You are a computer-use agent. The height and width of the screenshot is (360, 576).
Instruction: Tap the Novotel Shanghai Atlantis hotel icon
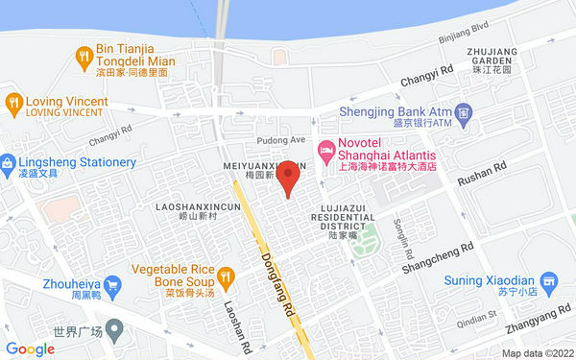point(326,149)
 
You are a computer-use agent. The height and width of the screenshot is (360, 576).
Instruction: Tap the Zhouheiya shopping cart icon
point(112,284)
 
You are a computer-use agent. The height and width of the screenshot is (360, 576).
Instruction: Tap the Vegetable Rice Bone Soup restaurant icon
point(226,276)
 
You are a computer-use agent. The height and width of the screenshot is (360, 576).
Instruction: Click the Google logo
point(30,349)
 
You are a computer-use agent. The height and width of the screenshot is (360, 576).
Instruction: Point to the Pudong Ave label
point(284,139)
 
